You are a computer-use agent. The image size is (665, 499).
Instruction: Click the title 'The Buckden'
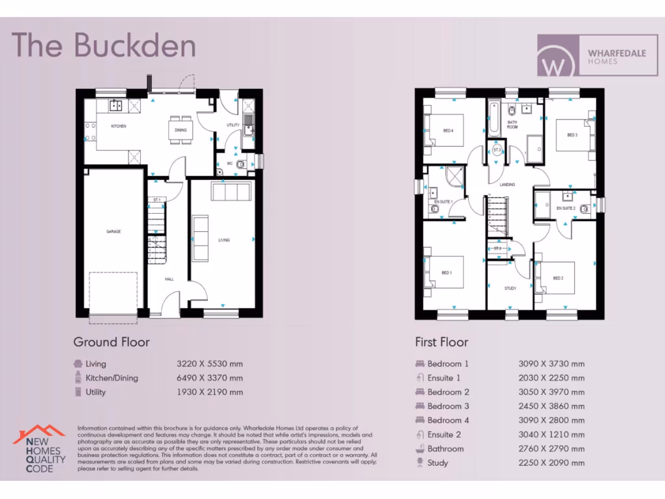pyautogui.click(x=104, y=45)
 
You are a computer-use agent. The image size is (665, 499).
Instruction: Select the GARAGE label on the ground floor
pyautogui.click(x=114, y=231)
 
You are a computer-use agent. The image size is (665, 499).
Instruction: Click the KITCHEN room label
pyautogui.click(x=118, y=126)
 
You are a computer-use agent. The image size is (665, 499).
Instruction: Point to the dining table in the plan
pyautogui.click(x=181, y=127)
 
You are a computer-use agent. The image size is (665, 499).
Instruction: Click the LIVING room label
pyautogui.click(x=224, y=240)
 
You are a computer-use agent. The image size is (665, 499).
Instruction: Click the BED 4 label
pyautogui.click(x=448, y=130)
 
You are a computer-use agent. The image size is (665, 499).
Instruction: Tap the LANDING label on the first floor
pyautogui.click(x=507, y=185)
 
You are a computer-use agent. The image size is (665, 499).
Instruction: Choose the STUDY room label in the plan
pyautogui.click(x=510, y=288)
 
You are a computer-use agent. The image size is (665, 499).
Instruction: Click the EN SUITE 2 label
pyautogui.click(x=566, y=208)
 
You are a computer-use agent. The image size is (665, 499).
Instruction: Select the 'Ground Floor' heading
pyautogui.click(x=111, y=342)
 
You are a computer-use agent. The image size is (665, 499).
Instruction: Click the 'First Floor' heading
pyautogui.click(x=442, y=342)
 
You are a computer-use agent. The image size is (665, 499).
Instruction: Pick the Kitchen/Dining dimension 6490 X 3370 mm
pyautogui.click(x=210, y=378)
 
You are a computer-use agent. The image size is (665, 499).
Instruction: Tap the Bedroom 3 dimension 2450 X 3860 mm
pyautogui.click(x=551, y=406)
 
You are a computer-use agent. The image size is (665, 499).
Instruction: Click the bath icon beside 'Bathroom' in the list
pyautogui.click(x=419, y=449)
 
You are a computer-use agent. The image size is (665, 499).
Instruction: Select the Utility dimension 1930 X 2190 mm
pyautogui.click(x=210, y=392)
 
